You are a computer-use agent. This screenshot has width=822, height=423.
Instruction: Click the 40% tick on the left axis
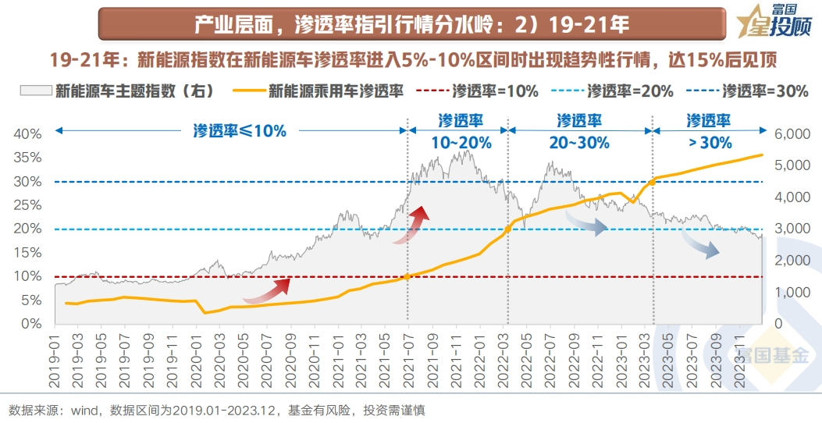tap(29, 134)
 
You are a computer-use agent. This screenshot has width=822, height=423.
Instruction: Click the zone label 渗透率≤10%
tap(240, 131)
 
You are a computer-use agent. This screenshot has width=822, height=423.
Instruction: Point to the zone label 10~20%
tap(461, 143)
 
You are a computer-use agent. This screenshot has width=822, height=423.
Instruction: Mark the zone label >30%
tap(709, 143)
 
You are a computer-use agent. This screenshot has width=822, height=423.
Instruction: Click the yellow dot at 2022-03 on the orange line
tap(507, 229)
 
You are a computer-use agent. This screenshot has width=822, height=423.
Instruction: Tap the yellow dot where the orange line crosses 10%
tap(407, 276)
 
